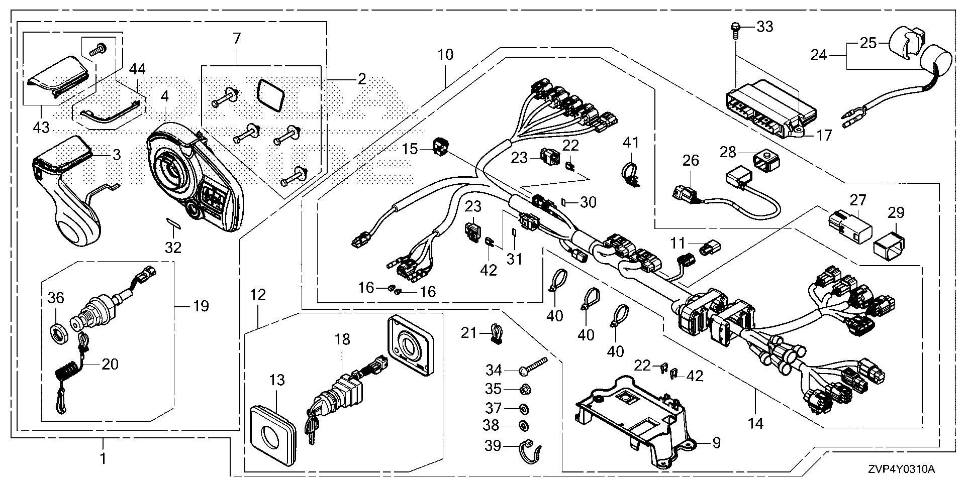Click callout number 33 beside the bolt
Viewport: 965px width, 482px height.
coord(765,27)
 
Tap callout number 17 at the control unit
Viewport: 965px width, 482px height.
coord(824,135)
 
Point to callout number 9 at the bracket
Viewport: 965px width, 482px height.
coord(716,442)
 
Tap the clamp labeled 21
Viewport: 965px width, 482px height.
coord(495,333)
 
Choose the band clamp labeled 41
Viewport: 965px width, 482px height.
coord(630,173)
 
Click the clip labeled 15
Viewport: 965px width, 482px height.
coord(440,146)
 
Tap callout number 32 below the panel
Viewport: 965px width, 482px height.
coord(173,247)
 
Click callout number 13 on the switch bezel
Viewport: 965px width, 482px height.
coord(276,381)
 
